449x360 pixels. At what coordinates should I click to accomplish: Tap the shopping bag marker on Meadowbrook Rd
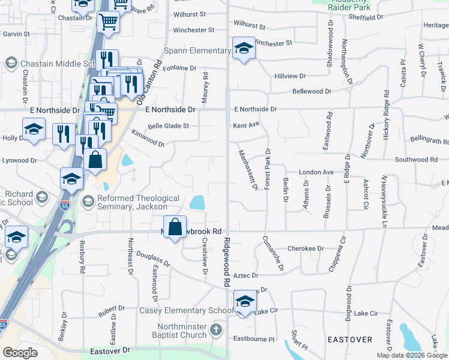click(x=175, y=227)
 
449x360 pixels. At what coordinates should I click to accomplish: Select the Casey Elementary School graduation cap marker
click(x=244, y=302)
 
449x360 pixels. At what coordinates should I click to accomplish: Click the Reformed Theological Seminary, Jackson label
click(x=138, y=202)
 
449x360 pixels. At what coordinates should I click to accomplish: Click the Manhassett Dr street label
click(x=247, y=170)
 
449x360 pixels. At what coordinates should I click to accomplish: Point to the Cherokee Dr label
click(x=306, y=248)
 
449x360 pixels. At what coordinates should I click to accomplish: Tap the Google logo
click(x=20, y=353)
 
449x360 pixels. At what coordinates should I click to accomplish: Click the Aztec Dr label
click(x=246, y=275)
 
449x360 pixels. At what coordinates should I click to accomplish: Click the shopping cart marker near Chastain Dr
click(x=108, y=22)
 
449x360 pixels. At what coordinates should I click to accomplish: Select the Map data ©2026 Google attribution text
click(x=412, y=355)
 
